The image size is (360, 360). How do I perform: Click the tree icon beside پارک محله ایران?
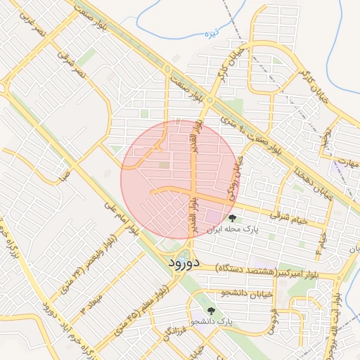point(232,219)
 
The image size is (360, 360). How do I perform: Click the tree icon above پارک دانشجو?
point(209,309)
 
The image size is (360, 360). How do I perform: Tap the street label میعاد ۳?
point(94,297)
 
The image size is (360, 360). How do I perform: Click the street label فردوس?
point(274,318)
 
